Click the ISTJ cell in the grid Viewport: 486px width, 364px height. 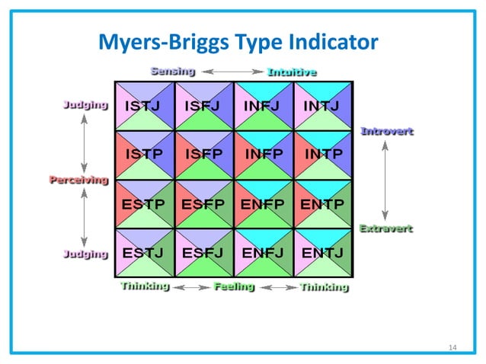(144, 106)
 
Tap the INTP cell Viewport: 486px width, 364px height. (324, 155)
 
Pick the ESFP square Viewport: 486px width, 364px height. (203, 204)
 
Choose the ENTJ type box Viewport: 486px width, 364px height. (324, 253)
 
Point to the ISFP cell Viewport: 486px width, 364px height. (203, 155)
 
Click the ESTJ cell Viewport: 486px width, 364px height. (144, 253)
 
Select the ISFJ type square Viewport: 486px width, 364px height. (203, 106)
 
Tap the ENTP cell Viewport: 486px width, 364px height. (324, 204)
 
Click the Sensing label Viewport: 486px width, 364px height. (172, 71)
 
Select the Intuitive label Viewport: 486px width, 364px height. (292, 72)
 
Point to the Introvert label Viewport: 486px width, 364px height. (386, 131)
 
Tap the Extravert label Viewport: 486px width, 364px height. (385, 228)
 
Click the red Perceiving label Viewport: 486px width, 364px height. (78, 180)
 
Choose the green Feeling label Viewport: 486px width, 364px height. (234, 287)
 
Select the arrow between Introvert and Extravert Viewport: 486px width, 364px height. (385, 180)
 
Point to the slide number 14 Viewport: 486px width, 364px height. (452, 348)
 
